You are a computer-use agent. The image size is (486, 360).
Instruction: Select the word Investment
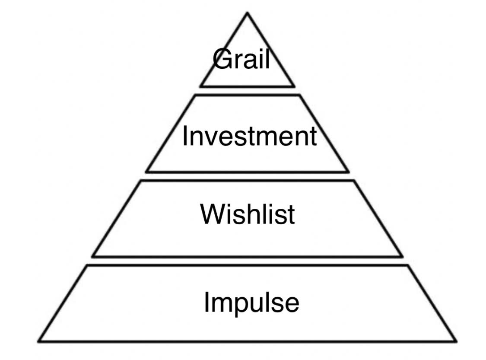[249, 136]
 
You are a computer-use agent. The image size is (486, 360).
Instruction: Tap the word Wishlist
[248, 213]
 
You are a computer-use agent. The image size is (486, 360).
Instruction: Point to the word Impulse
[251, 302]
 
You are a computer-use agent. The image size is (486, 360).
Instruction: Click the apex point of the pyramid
[247, 13]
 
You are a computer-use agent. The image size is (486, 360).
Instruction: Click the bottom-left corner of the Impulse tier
[39, 341]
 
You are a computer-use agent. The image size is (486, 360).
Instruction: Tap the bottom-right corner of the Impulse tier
[455, 341]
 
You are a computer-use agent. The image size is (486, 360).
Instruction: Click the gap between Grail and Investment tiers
[247, 91]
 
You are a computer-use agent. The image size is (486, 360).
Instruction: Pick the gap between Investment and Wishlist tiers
[247, 176]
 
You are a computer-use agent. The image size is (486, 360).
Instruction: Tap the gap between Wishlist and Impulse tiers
[247, 261]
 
